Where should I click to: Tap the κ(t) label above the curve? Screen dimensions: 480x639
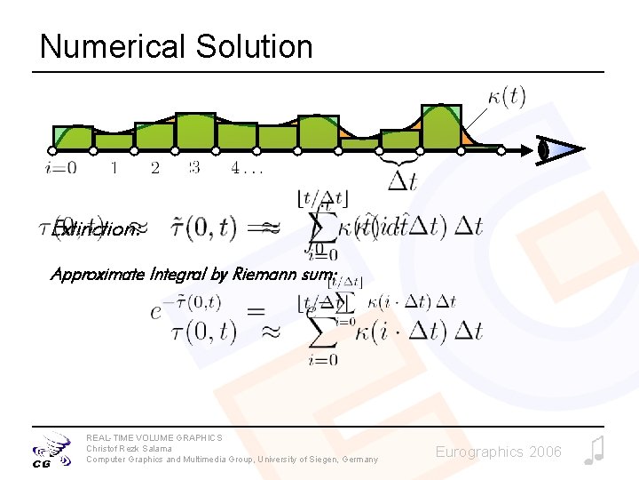tap(506, 96)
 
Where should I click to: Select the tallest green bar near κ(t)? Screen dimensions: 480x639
tap(440, 127)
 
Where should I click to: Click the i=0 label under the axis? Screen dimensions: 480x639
tap(59, 167)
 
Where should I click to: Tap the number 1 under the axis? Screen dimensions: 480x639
tap(114, 167)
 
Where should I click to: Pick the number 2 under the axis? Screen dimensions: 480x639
tap(155, 167)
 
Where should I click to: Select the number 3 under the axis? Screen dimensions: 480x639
tap(194, 167)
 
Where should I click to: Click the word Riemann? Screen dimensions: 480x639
tap(265, 274)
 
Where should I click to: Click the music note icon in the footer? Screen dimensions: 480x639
tap(594, 450)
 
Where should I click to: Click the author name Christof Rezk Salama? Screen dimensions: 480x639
tap(128, 448)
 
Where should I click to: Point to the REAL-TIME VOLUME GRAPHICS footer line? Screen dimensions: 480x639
tap(154, 437)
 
